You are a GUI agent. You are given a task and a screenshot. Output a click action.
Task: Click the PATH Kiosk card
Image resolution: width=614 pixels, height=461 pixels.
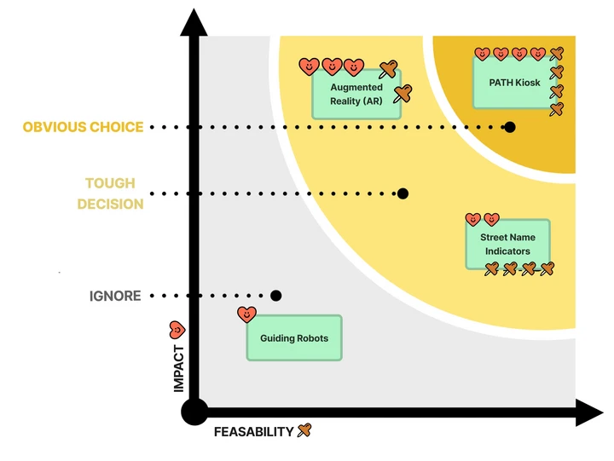tap(512, 83)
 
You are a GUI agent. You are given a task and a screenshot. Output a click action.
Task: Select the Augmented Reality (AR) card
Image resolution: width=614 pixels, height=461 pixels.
tap(356, 95)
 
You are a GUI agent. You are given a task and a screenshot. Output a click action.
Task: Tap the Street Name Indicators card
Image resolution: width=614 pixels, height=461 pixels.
tap(507, 245)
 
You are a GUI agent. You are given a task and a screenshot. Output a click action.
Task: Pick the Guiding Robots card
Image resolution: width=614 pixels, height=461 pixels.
tap(294, 338)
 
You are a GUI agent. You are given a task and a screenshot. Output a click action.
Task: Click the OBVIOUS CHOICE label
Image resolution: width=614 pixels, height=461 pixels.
tap(83, 127)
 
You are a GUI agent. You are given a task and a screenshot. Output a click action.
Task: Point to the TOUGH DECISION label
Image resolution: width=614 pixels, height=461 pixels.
tap(110, 193)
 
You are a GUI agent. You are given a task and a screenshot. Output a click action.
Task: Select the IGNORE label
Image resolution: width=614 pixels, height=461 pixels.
tap(115, 297)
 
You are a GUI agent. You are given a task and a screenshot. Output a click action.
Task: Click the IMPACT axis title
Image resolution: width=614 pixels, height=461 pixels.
tap(179, 368)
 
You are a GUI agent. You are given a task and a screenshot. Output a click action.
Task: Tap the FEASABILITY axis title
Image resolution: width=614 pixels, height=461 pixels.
tap(253, 432)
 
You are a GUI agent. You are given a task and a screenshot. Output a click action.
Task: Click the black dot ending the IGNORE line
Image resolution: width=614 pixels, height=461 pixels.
tap(275, 296)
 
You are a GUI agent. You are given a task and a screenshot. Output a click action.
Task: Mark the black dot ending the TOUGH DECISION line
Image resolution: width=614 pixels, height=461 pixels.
tap(403, 193)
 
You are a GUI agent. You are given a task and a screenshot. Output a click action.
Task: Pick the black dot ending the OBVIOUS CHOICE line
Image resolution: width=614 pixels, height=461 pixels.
tap(510, 127)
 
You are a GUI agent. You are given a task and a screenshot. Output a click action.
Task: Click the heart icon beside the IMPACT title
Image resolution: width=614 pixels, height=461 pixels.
tap(177, 329)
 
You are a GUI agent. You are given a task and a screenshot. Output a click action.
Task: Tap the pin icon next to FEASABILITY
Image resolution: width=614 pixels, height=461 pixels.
tap(304, 430)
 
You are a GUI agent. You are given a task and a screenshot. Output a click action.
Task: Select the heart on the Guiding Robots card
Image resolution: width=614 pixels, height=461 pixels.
tap(246, 314)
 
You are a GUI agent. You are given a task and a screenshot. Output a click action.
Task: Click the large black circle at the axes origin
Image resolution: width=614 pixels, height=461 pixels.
tap(194, 413)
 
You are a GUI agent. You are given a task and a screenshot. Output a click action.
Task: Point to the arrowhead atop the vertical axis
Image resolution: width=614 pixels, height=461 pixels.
tap(194, 21)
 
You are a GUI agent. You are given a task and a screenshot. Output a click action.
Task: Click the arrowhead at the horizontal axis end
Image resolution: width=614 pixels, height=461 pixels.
tap(590, 413)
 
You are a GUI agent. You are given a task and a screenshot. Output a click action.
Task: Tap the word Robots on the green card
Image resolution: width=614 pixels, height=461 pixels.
tap(312, 338)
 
